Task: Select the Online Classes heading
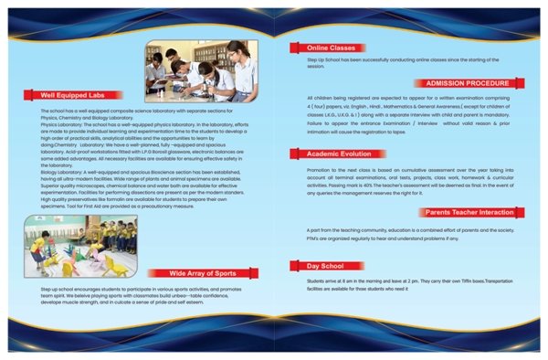[321, 48]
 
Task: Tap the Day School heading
[312, 265]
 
